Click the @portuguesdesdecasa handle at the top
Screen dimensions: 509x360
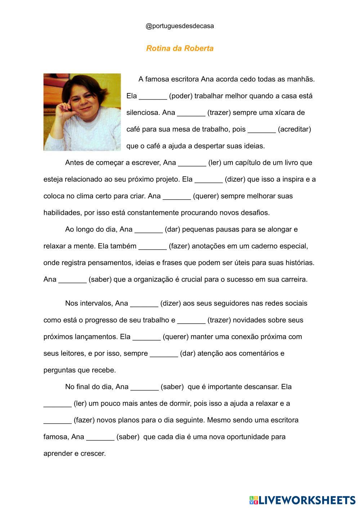(179, 26)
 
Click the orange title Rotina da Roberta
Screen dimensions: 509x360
(179, 48)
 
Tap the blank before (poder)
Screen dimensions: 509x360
(153, 97)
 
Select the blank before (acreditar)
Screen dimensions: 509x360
(262, 130)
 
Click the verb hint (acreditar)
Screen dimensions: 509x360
(294, 129)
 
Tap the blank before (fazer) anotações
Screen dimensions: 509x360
(153, 247)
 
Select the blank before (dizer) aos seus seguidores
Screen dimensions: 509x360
(144, 304)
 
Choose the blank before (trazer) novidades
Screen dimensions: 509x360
(191, 321)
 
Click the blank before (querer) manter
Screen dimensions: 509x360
(146, 337)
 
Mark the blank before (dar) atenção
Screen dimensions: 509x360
(164, 354)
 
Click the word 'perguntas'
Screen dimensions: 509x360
(59, 370)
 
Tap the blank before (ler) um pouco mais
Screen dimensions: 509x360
(57, 404)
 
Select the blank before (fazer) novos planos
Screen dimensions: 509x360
(57, 421)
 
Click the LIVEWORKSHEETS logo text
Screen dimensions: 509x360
(306, 500)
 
